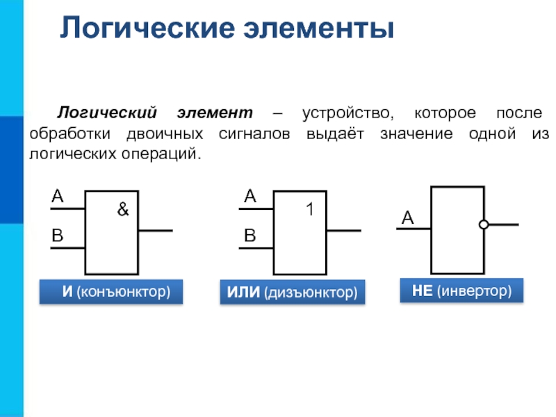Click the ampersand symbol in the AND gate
(123, 208)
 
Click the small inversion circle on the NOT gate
(484, 224)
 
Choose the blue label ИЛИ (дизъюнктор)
(292, 293)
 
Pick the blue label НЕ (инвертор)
(461, 290)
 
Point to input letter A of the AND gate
(57, 197)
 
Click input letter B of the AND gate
(57, 236)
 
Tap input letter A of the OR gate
(250, 197)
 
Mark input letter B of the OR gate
(250, 236)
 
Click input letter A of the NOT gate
(407, 219)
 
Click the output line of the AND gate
(156, 230)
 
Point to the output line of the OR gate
(343, 230)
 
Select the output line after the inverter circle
(503, 224)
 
